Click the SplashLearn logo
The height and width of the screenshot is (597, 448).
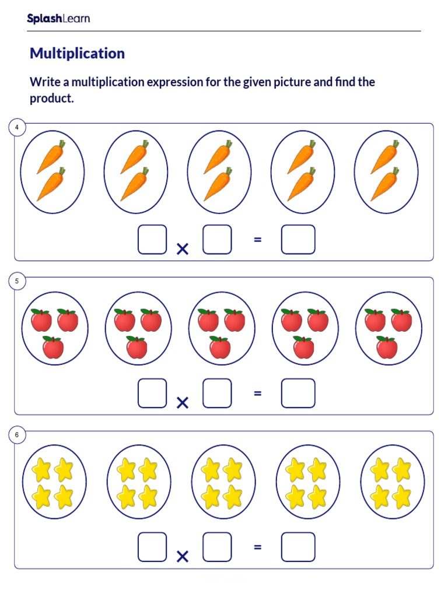(x=58, y=19)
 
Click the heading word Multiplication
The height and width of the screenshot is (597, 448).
(x=77, y=54)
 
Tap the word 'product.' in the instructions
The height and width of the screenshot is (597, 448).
(x=52, y=99)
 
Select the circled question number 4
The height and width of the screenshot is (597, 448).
(x=17, y=127)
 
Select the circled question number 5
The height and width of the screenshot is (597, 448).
(x=17, y=281)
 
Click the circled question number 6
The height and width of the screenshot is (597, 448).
(x=17, y=435)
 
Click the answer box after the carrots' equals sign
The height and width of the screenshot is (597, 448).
(x=298, y=240)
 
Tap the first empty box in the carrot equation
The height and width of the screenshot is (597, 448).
(x=152, y=240)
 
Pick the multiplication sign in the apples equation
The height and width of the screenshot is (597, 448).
(x=183, y=403)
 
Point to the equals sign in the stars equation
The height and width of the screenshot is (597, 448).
(x=257, y=547)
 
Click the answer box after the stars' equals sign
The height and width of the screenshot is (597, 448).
(x=298, y=547)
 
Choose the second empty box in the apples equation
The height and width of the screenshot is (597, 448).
(x=217, y=394)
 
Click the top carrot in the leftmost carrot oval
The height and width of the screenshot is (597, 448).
(x=51, y=156)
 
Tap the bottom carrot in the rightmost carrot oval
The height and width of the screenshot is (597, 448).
(x=385, y=184)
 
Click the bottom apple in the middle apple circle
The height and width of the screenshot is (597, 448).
(x=220, y=347)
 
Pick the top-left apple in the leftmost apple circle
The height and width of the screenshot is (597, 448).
(x=41, y=320)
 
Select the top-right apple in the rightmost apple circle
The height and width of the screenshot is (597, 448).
(x=401, y=320)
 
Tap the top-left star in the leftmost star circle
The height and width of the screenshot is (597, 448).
(x=41, y=468)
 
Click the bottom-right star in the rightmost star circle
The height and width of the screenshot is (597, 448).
(x=402, y=497)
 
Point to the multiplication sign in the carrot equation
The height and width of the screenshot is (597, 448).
(x=183, y=249)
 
